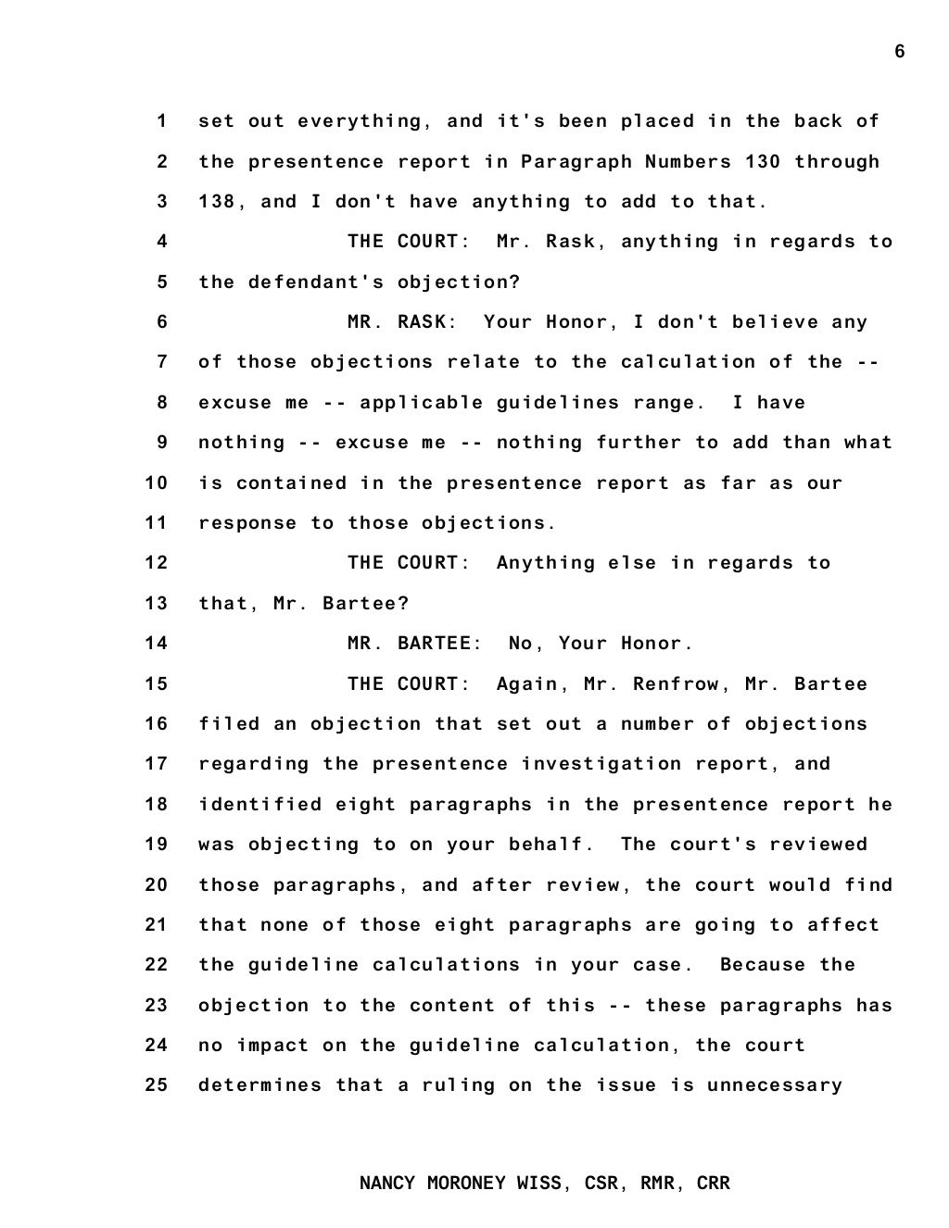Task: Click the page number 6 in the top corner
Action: click(899, 52)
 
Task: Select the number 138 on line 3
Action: click(217, 202)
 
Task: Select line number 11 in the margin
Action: click(156, 523)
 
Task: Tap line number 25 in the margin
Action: click(156, 1085)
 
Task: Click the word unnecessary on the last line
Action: click(775, 1085)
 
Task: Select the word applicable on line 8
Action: click(422, 403)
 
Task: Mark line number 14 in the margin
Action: click(156, 644)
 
